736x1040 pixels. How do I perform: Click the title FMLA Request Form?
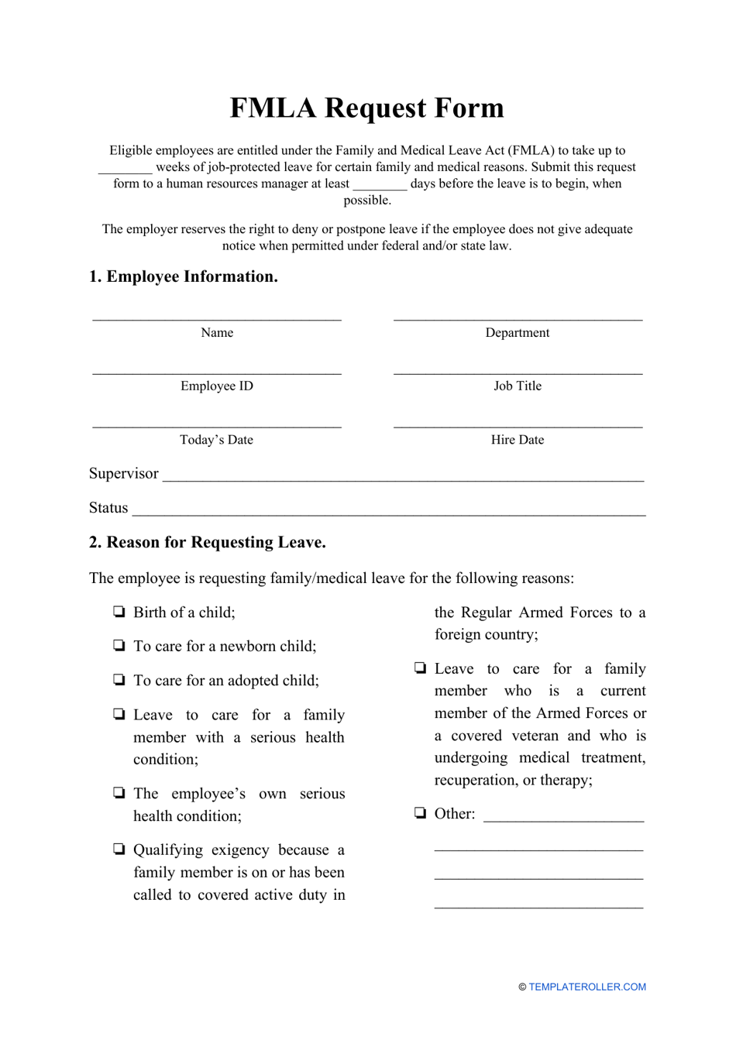(x=366, y=108)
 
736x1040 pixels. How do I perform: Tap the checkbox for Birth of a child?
(x=119, y=612)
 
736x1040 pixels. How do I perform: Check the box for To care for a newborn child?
(x=119, y=646)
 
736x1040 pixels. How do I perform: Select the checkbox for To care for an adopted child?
(x=119, y=680)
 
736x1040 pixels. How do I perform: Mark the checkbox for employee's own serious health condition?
(x=119, y=793)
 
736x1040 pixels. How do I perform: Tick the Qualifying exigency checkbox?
(x=119, y=850)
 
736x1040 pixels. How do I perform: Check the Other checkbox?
(x=420, y=813)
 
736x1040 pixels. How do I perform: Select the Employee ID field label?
(x=217, y=386)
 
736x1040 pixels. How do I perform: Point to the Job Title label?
(x=518, y=386)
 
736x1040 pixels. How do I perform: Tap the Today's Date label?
(x=217, y=440)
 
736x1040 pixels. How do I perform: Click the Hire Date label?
(x=518, y=440)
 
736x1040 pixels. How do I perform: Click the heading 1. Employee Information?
(x=184, y=276)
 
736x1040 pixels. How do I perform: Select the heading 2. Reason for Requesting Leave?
(x=208, y=542)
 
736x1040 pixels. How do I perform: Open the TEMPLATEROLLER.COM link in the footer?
(x=586, y=987)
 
